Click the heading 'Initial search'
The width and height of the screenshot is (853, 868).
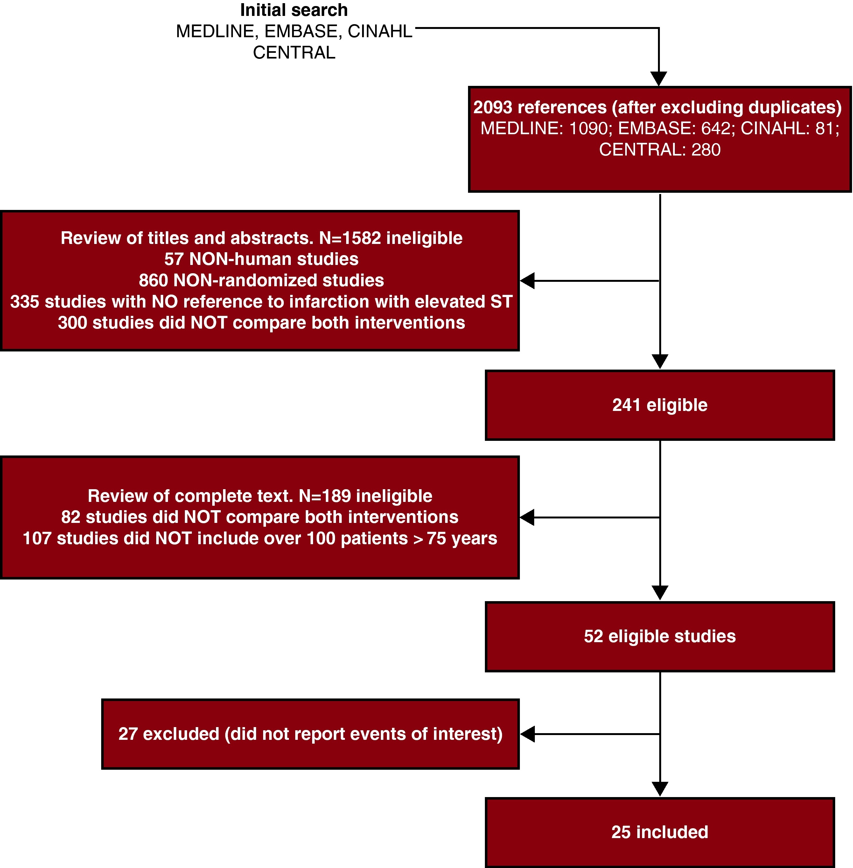294,10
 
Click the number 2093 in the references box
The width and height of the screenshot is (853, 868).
493,108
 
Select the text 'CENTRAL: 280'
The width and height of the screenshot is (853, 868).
660,149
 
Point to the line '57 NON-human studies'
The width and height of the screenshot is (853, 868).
261,259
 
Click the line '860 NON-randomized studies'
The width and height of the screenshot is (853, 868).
261,281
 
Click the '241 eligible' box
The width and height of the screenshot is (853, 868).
660,405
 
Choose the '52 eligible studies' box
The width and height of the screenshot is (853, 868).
660,636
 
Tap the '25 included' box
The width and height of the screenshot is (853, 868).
660,832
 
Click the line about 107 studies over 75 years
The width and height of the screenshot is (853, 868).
260,538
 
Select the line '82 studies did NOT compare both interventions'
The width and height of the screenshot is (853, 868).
260,517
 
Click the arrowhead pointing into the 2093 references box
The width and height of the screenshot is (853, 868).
659,79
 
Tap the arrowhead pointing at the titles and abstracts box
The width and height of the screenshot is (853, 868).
527,281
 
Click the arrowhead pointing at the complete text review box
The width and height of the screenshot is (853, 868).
527,517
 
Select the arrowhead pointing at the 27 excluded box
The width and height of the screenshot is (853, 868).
527,734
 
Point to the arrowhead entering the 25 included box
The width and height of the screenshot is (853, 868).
660,789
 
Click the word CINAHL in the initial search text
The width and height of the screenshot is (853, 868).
380,31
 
